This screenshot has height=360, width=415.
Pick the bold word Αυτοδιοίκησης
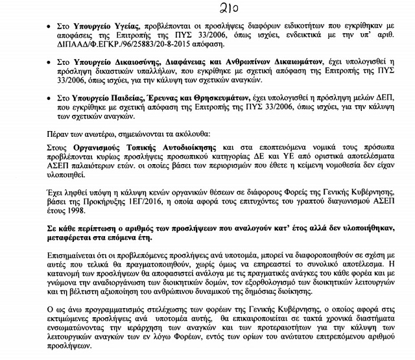[189, 148]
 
